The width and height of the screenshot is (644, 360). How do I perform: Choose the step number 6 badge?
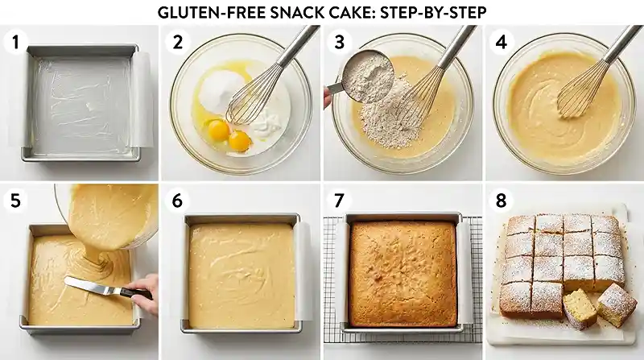point(178,200)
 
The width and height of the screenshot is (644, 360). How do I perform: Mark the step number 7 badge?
point(340,200)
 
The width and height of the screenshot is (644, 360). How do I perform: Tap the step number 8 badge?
point(501,200)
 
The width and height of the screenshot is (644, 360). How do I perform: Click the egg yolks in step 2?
point(228,134)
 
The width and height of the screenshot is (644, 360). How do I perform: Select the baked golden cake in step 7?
point(402,272)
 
